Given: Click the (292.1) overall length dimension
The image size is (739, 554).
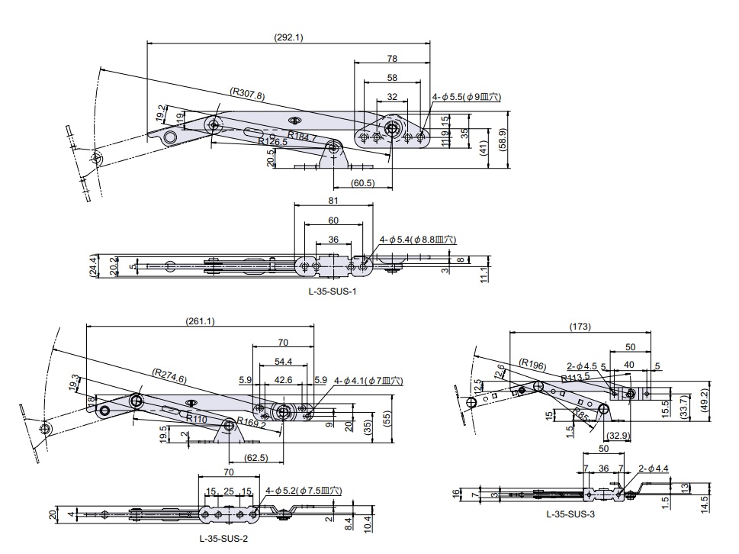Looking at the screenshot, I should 288,37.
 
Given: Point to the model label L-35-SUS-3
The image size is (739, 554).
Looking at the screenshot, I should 570,514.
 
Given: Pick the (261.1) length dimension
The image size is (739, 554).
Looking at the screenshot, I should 200,321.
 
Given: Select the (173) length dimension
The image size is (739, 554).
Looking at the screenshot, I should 580,327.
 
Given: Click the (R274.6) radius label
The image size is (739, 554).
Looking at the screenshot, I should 169,375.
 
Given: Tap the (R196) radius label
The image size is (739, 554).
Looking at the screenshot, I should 532,365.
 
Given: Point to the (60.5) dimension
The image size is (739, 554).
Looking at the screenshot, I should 363,183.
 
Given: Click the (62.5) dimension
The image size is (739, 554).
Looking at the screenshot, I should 255,458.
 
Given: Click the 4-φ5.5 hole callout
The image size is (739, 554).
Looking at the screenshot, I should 467,97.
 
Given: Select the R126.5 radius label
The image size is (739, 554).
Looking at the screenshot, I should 272,141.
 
